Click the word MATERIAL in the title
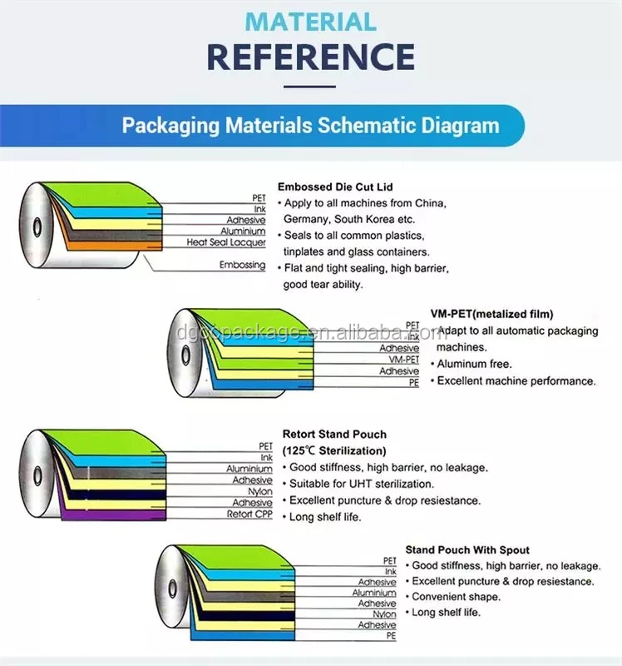(311, 21)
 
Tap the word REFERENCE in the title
(311, 56)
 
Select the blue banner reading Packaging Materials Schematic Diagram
(311, 126)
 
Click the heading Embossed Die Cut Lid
(335, 187)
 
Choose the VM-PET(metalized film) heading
(491, 314)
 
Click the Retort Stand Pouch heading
(334, 435)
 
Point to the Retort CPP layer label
(249, 514)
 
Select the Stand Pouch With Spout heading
(467, 549)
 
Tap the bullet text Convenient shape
(456, 597)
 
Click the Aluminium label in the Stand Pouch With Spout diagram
(374, 593)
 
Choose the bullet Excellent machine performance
(516, 380)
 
